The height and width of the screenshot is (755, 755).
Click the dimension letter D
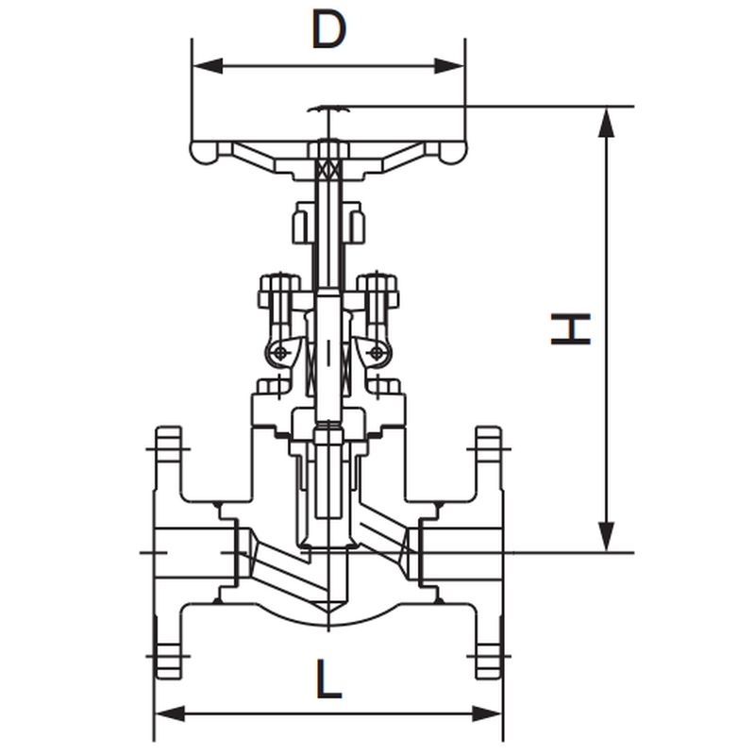tap(328, 30)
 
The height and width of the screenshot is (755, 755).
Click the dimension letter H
tap(571, 328)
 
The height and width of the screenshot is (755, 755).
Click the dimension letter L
tap(328, 679)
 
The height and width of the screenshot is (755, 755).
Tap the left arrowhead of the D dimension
tap(208, 66)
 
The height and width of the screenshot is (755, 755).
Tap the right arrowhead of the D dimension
tap(450, 66)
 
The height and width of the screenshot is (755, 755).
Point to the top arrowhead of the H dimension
tap(607, 123)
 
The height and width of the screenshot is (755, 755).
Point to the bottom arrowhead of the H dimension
tap(607, 536)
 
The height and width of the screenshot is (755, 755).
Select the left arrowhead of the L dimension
tap(170, 714)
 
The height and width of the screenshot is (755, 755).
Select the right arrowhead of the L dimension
tap(487, 714)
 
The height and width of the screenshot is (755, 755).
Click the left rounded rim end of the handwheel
tap(204, 152)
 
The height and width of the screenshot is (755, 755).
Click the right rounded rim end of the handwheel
tap(453, 152)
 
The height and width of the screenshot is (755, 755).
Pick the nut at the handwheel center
tap(328, 149)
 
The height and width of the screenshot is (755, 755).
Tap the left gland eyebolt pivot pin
tap(279, 354)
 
